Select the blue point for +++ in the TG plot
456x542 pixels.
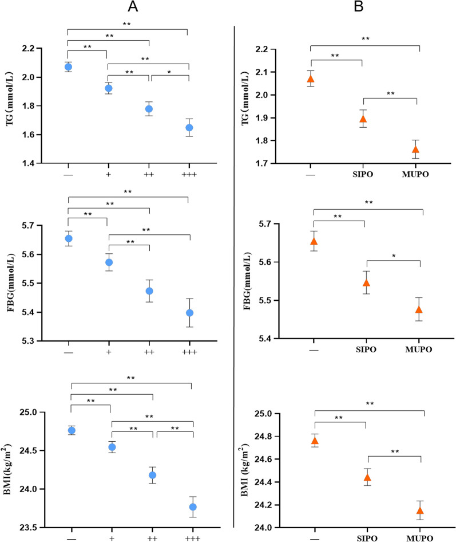click(189, 127)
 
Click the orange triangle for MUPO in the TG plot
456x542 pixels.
click(416, 150)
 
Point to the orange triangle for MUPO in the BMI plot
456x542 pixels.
click(420, 510)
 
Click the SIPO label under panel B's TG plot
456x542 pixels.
click(362, 175)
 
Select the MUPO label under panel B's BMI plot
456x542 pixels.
click(420, 538)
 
